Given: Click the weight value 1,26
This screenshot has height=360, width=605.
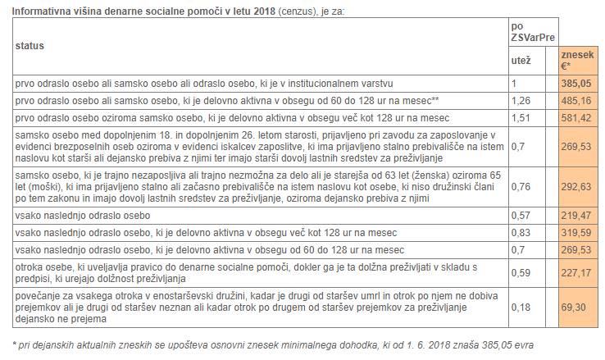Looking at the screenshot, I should (521, 101).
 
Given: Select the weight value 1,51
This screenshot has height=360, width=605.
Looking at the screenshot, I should (521, 118).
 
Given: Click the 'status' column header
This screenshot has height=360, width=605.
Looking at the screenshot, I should (30, 45).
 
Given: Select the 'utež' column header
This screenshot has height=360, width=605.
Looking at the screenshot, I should (521, 61).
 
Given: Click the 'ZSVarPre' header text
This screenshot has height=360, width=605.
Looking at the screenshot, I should (532, 37).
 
